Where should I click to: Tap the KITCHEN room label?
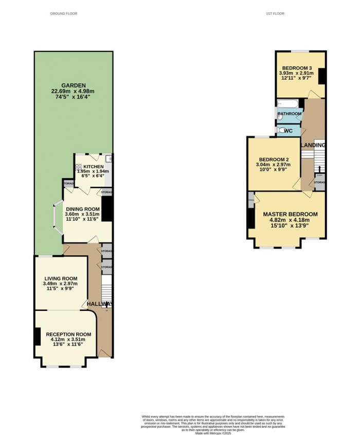pos(94,167)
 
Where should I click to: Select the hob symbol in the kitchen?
pos(79,167)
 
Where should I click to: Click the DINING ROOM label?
pos(82,208)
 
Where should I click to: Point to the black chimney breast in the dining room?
pos(107,208)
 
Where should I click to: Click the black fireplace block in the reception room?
pos(38,337)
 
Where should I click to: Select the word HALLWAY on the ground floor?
pos(99,304)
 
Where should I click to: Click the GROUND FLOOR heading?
pos(64,13)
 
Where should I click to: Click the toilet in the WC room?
pos(280,131)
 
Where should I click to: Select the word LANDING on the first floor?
pos(313,146)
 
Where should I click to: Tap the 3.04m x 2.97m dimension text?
pos(274,165)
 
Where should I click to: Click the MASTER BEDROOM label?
pos(290,214)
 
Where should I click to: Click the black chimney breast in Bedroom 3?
pos(322,76)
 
